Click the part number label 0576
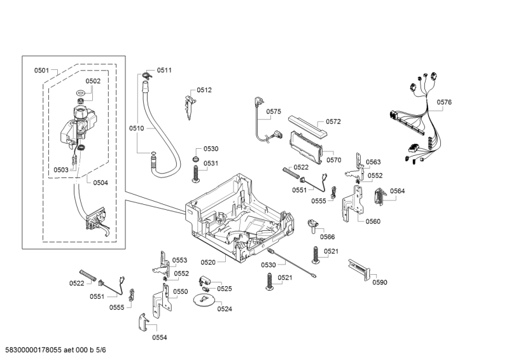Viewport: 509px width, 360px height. tap(444, 102)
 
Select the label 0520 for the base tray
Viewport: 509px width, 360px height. tap(208, 261)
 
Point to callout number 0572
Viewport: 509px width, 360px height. tap(333, 121)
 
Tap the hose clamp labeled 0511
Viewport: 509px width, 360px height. tap(146, 76)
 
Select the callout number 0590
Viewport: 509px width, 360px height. tap(380, 282)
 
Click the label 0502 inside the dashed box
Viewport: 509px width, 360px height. tap(93, 81)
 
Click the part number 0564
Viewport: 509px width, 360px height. tap(398, 191)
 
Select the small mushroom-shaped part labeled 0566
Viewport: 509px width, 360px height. tap(312, 223)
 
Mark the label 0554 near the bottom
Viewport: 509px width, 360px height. tap(159, 337)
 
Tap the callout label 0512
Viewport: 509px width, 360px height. tap(204, 90)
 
